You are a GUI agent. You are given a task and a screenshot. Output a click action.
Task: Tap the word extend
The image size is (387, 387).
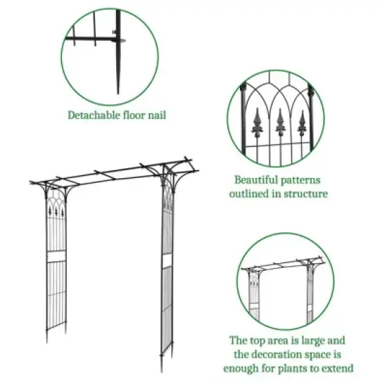(337, 367)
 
